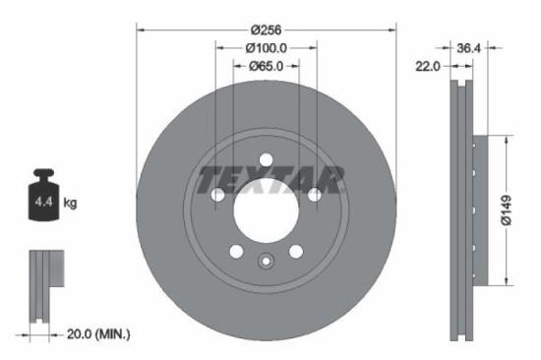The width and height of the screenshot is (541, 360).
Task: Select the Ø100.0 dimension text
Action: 266,46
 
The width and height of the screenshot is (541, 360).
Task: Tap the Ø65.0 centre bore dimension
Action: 266,66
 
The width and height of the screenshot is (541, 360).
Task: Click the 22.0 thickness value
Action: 428,66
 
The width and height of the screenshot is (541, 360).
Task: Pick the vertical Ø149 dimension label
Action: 505,210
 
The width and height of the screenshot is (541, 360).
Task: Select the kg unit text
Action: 71,204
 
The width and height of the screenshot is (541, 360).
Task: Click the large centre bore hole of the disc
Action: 266,208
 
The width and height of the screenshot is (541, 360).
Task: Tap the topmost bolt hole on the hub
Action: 266,160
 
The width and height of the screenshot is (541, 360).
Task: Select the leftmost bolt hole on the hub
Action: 217,195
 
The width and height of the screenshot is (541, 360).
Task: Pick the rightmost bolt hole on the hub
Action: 314,195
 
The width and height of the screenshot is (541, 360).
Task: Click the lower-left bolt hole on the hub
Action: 236,251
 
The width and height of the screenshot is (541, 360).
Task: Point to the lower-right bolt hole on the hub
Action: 295,251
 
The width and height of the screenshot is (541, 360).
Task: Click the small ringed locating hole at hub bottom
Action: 266,261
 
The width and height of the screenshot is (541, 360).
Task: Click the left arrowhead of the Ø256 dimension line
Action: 140,29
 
